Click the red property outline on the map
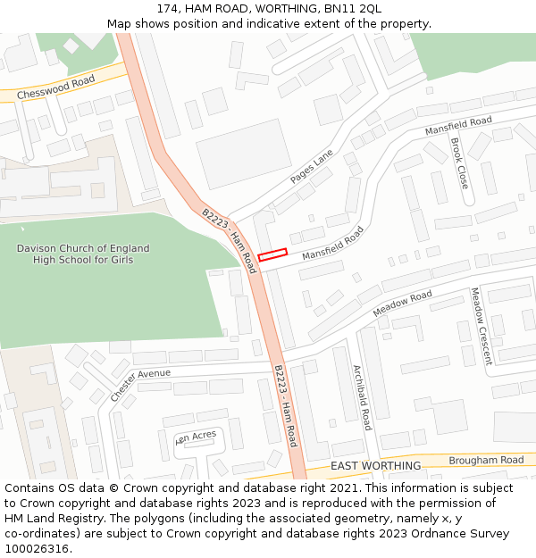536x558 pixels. point(272,254)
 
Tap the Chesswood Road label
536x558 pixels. point(55,87)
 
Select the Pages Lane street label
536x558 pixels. point(311,167)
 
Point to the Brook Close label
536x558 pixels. point(458,163)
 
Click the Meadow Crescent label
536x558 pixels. point(481,326)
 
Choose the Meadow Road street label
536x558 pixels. point(402,304)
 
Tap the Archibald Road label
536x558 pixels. point(362,397)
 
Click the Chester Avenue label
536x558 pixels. point(140,385)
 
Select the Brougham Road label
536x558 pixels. point(486,460)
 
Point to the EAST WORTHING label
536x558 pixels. point(375,466)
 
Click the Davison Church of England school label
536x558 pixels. point(83,254)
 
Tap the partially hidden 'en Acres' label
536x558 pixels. point(197,437)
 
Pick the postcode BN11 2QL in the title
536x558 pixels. point(351,8)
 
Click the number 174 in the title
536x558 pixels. point(167,8)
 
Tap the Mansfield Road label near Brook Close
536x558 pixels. point(458,126)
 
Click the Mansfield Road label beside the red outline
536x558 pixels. point(333,243)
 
